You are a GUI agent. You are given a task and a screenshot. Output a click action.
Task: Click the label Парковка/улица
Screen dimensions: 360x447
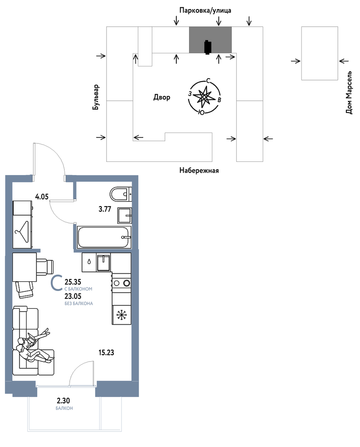(205, 10)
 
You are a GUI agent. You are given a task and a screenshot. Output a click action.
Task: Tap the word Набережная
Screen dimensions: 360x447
(199, 171)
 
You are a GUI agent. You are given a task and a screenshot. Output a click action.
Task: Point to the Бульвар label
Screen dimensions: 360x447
(96, 97)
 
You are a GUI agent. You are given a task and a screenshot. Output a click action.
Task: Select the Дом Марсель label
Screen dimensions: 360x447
(349, 93)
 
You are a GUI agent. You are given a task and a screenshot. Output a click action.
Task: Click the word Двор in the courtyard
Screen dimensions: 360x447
(162, 97)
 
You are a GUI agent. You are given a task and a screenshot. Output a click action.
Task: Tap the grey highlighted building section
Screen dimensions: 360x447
(210, 40)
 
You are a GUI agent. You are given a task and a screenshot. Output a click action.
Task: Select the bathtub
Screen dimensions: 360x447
(104, 237)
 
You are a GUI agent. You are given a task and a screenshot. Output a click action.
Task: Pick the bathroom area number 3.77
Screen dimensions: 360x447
(105, 209)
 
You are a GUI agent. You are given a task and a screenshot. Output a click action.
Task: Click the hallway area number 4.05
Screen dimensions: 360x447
(42, 197)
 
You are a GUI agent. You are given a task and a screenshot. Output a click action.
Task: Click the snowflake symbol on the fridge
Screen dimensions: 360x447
(122, 315)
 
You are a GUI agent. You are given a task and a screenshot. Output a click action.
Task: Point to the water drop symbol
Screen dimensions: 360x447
(89, 262)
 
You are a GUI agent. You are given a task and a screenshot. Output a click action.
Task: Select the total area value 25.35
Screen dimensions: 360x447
(73, 282)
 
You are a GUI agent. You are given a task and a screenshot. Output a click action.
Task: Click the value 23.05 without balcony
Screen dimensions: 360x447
(73, 296)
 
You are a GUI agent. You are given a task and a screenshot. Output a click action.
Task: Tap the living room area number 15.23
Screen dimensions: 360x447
(106, 353)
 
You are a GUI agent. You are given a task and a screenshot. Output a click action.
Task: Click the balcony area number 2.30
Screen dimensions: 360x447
(64, 401)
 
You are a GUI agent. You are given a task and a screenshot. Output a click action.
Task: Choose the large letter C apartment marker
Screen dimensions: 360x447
(57, 283)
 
